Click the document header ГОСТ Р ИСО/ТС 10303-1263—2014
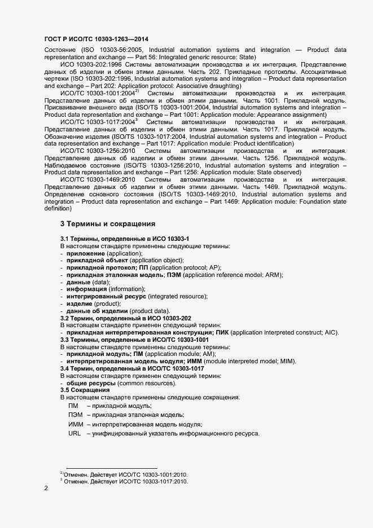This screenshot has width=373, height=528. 96,38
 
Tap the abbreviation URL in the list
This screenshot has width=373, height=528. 74,433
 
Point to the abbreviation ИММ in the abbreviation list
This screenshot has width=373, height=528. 76,424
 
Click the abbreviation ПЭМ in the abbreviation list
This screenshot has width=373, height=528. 76,415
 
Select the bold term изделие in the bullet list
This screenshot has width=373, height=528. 80,303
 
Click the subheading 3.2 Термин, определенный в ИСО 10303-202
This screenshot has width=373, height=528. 126,319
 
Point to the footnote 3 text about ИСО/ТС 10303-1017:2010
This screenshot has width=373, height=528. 125,482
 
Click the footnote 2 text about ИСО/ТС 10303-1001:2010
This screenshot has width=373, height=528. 125,474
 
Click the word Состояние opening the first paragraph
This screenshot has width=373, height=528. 60,50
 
